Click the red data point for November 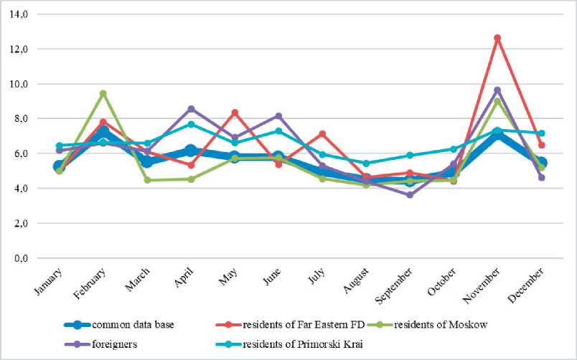[x=497, y=38]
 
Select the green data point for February [x=103, y=93]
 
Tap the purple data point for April [x=190, y=109]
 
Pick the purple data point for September [x=410, y=195]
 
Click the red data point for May [x=235, y=113]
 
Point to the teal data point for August [x=366, y=164]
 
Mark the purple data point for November [x=497, y=90]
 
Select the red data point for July [x=322, y=133]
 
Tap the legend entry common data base [x=133, y=324]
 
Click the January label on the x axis [x=48, y=280]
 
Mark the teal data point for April [x=190, y=124]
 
